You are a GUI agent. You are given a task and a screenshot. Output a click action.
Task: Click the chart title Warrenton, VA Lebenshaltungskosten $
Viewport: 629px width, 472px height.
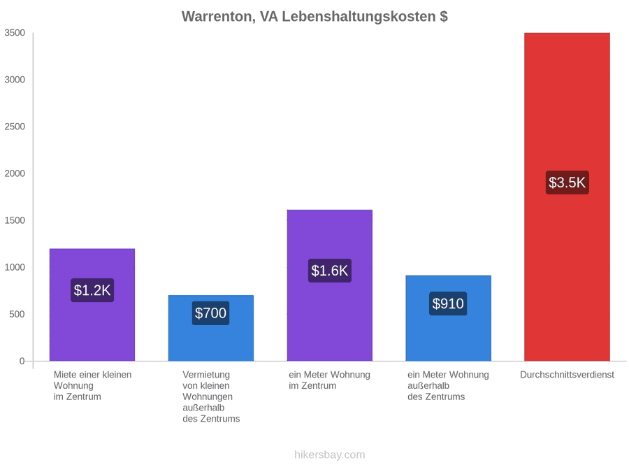314,17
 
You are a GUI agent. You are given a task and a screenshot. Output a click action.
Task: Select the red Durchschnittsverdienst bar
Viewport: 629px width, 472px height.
567,196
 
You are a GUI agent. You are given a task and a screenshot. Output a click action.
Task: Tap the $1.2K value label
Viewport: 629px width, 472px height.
92,290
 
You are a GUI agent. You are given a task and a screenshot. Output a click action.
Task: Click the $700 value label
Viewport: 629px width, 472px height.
210,313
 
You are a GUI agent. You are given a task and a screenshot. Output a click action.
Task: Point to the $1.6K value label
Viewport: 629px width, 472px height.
330,271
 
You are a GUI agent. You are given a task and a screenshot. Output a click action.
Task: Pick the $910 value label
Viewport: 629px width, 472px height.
448,303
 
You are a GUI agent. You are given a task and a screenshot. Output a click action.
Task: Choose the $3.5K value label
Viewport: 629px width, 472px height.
567,183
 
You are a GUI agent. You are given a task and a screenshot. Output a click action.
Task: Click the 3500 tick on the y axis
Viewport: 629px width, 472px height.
15,33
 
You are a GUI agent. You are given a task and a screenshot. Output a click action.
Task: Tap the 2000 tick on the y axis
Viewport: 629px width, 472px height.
15,173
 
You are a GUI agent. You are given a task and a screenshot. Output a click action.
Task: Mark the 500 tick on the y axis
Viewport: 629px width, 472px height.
17,314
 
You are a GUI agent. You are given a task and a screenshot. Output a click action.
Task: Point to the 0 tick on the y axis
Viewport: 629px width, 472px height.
22,362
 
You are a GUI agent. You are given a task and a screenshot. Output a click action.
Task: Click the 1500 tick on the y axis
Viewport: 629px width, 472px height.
15,220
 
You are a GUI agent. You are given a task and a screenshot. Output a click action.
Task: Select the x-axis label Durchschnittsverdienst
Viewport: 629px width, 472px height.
567,375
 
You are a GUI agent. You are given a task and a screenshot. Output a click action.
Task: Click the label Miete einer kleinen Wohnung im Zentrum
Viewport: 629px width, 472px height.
93,386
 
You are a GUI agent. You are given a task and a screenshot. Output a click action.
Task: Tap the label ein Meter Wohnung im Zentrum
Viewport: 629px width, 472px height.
329,380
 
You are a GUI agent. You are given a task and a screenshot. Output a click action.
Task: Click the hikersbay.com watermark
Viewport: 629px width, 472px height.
330,455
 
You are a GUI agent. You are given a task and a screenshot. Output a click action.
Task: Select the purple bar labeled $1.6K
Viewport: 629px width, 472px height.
330,285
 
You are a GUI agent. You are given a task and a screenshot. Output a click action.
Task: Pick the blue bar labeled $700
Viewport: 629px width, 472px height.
211,329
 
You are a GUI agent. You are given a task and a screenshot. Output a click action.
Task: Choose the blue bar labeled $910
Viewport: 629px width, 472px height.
449,318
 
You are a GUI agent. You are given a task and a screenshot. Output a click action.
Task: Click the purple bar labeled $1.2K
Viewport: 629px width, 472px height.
92,305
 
